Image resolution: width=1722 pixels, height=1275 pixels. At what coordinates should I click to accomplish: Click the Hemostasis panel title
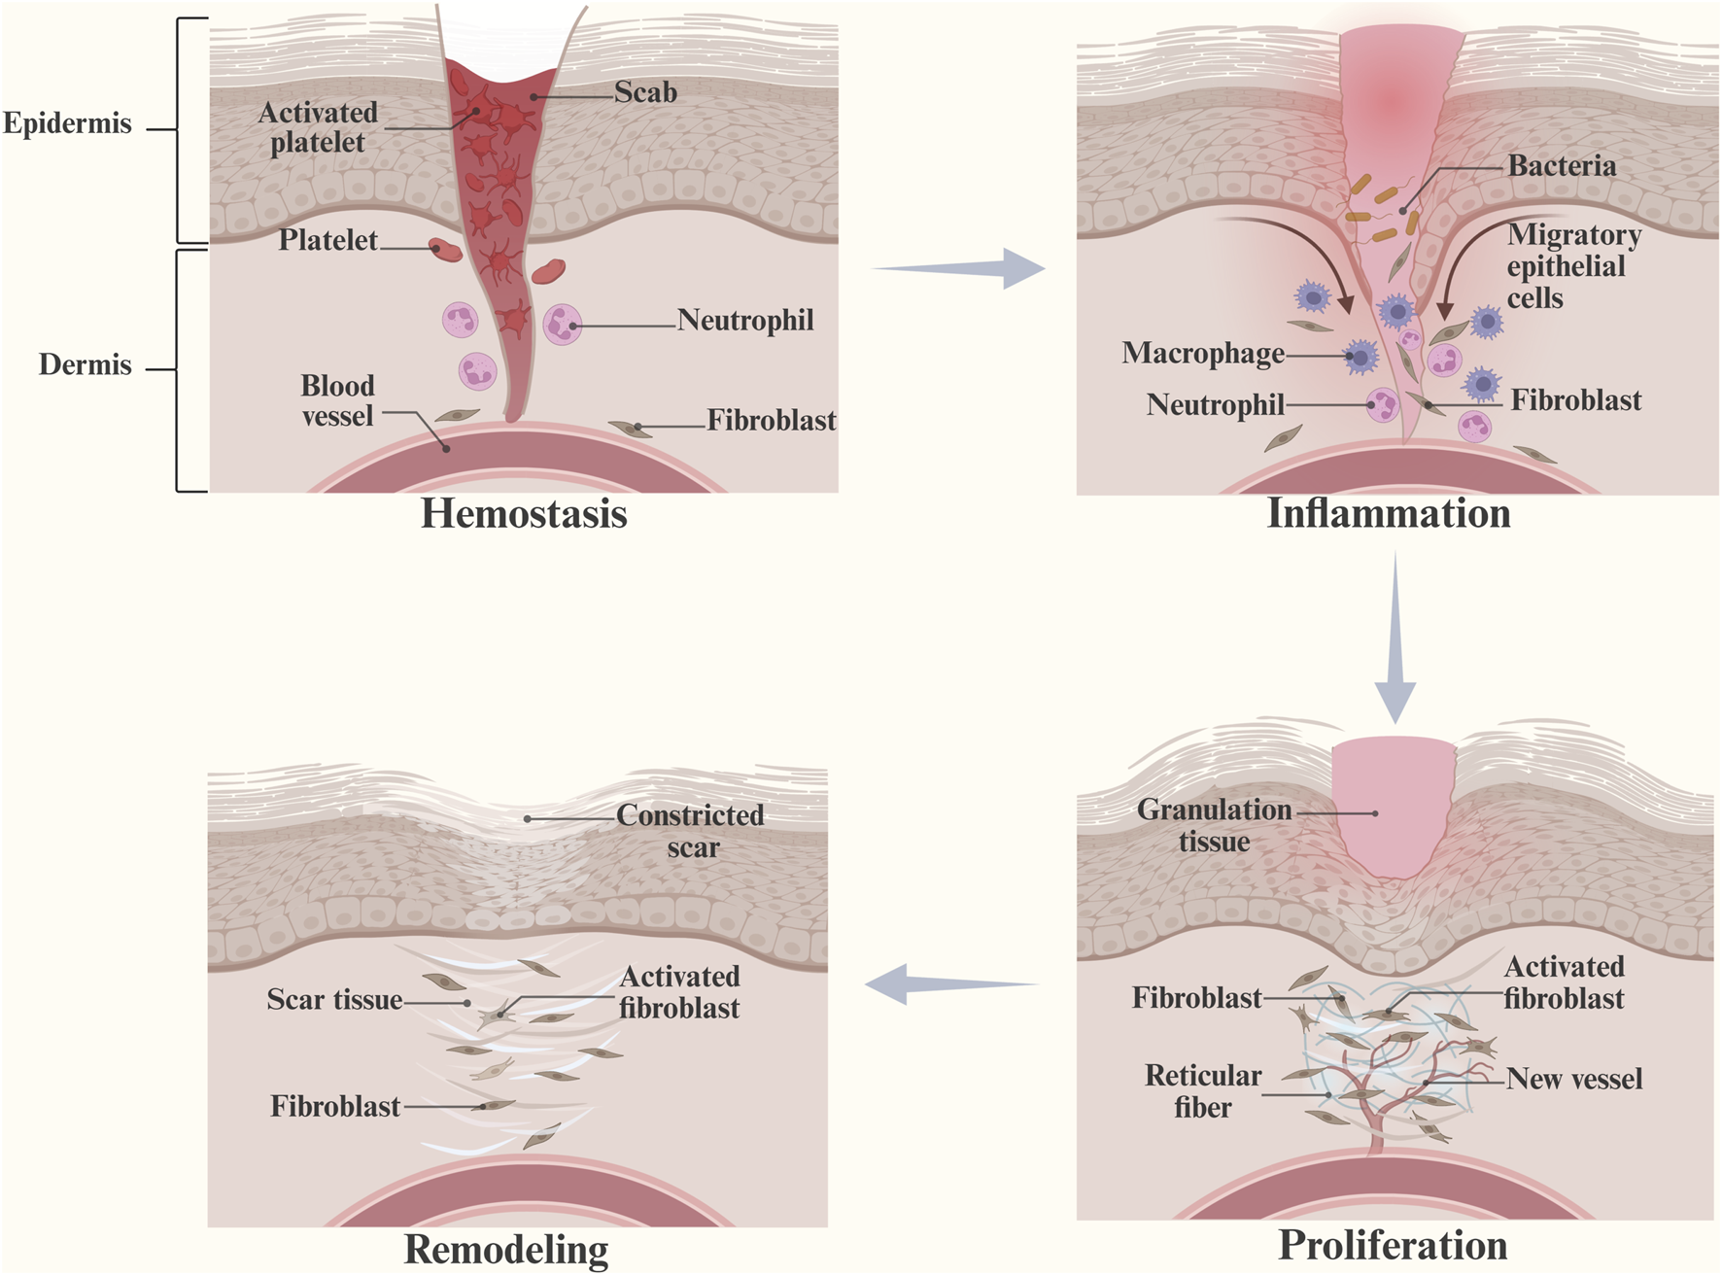tap(523, 514)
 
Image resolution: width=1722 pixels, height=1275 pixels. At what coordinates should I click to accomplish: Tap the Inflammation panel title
tap(1388, 514)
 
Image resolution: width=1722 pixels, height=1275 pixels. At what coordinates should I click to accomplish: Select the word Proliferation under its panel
tap(1392, 1245)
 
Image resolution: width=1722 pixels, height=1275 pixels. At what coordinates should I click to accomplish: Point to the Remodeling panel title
tap(505, 1250)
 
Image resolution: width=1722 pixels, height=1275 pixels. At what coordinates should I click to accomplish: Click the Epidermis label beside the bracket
tap(67, 123)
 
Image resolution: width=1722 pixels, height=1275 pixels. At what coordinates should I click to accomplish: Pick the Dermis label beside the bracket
tap(85, 365)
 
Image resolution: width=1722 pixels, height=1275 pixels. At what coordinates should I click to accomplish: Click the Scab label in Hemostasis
tap(645, 92)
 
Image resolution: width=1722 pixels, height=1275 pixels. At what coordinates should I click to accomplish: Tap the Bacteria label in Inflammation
tap(1562, 166)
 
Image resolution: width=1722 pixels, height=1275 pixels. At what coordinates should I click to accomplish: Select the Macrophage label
tap(1202, 353)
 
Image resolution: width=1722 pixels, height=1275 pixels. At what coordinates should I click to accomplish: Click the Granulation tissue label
tap(1214, 825)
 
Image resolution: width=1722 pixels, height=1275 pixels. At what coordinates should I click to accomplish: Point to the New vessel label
tap(1573, 1079)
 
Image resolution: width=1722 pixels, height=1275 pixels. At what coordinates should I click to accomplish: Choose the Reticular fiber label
tap(1202, 1091)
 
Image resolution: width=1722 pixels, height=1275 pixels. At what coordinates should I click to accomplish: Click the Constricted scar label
tap(690, 831)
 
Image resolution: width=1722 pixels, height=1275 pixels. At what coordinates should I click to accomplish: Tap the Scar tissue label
tap(334, 1000)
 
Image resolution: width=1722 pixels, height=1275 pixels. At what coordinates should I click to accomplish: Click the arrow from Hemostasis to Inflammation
tap(960, 268)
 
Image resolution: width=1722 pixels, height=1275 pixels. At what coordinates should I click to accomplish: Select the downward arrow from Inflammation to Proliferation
tap(1395, 637)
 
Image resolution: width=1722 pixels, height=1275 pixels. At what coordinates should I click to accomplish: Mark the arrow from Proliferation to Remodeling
tap(950, 984)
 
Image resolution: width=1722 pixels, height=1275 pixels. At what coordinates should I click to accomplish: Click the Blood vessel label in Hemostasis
tap(336, 400)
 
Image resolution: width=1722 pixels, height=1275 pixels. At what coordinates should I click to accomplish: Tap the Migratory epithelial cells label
tap(1572, 266)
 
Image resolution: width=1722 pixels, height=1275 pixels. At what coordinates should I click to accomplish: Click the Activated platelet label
tap(317, 127)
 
